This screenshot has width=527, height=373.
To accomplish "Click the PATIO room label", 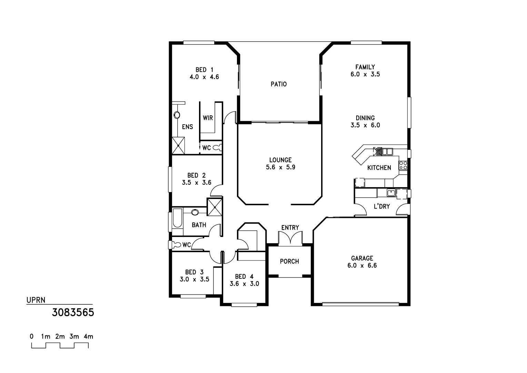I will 278,84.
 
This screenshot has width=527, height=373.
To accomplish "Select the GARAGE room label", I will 362,258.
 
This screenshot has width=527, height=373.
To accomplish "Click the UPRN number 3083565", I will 73,313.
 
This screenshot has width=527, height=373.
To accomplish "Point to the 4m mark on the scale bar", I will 88,336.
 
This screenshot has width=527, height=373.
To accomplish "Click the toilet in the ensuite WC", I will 218,148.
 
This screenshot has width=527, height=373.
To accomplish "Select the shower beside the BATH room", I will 215,207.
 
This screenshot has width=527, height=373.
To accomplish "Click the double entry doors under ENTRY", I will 290,239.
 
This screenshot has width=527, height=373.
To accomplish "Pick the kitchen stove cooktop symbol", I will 403,165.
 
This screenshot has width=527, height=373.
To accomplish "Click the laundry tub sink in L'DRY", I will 390,193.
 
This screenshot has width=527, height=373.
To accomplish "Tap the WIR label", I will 208,118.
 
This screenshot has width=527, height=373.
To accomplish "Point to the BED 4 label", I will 244,277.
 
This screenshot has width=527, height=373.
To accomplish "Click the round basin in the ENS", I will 177,115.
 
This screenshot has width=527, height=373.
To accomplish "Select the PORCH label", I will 289,261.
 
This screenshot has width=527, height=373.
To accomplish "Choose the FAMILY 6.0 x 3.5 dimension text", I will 365,74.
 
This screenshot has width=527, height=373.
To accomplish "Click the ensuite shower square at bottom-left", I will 178,145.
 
